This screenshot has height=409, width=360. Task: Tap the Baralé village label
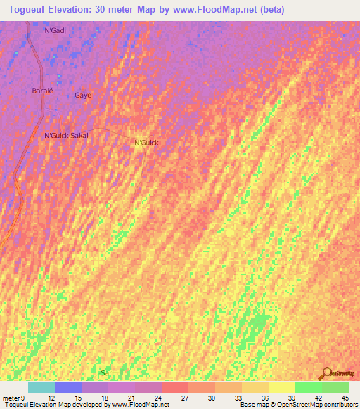tap(43, 91)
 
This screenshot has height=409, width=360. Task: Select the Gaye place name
tap(83, 95)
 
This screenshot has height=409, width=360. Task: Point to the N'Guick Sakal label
tap(65, 135)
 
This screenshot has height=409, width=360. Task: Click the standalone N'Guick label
tap(146, 143)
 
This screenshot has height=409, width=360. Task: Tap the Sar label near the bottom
tap(106, 372)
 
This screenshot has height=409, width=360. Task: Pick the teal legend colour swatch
tap(41, 387)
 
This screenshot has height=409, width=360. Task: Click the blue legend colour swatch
tap(68, 387)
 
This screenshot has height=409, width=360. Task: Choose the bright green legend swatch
tap(309, 387)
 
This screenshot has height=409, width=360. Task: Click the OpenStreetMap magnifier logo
tap(326, 373)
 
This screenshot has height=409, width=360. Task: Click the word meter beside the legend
tap(11, 398)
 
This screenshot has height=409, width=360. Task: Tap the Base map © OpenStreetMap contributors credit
tap(297, 405)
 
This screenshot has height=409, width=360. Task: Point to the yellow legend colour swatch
tap(282, 387)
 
